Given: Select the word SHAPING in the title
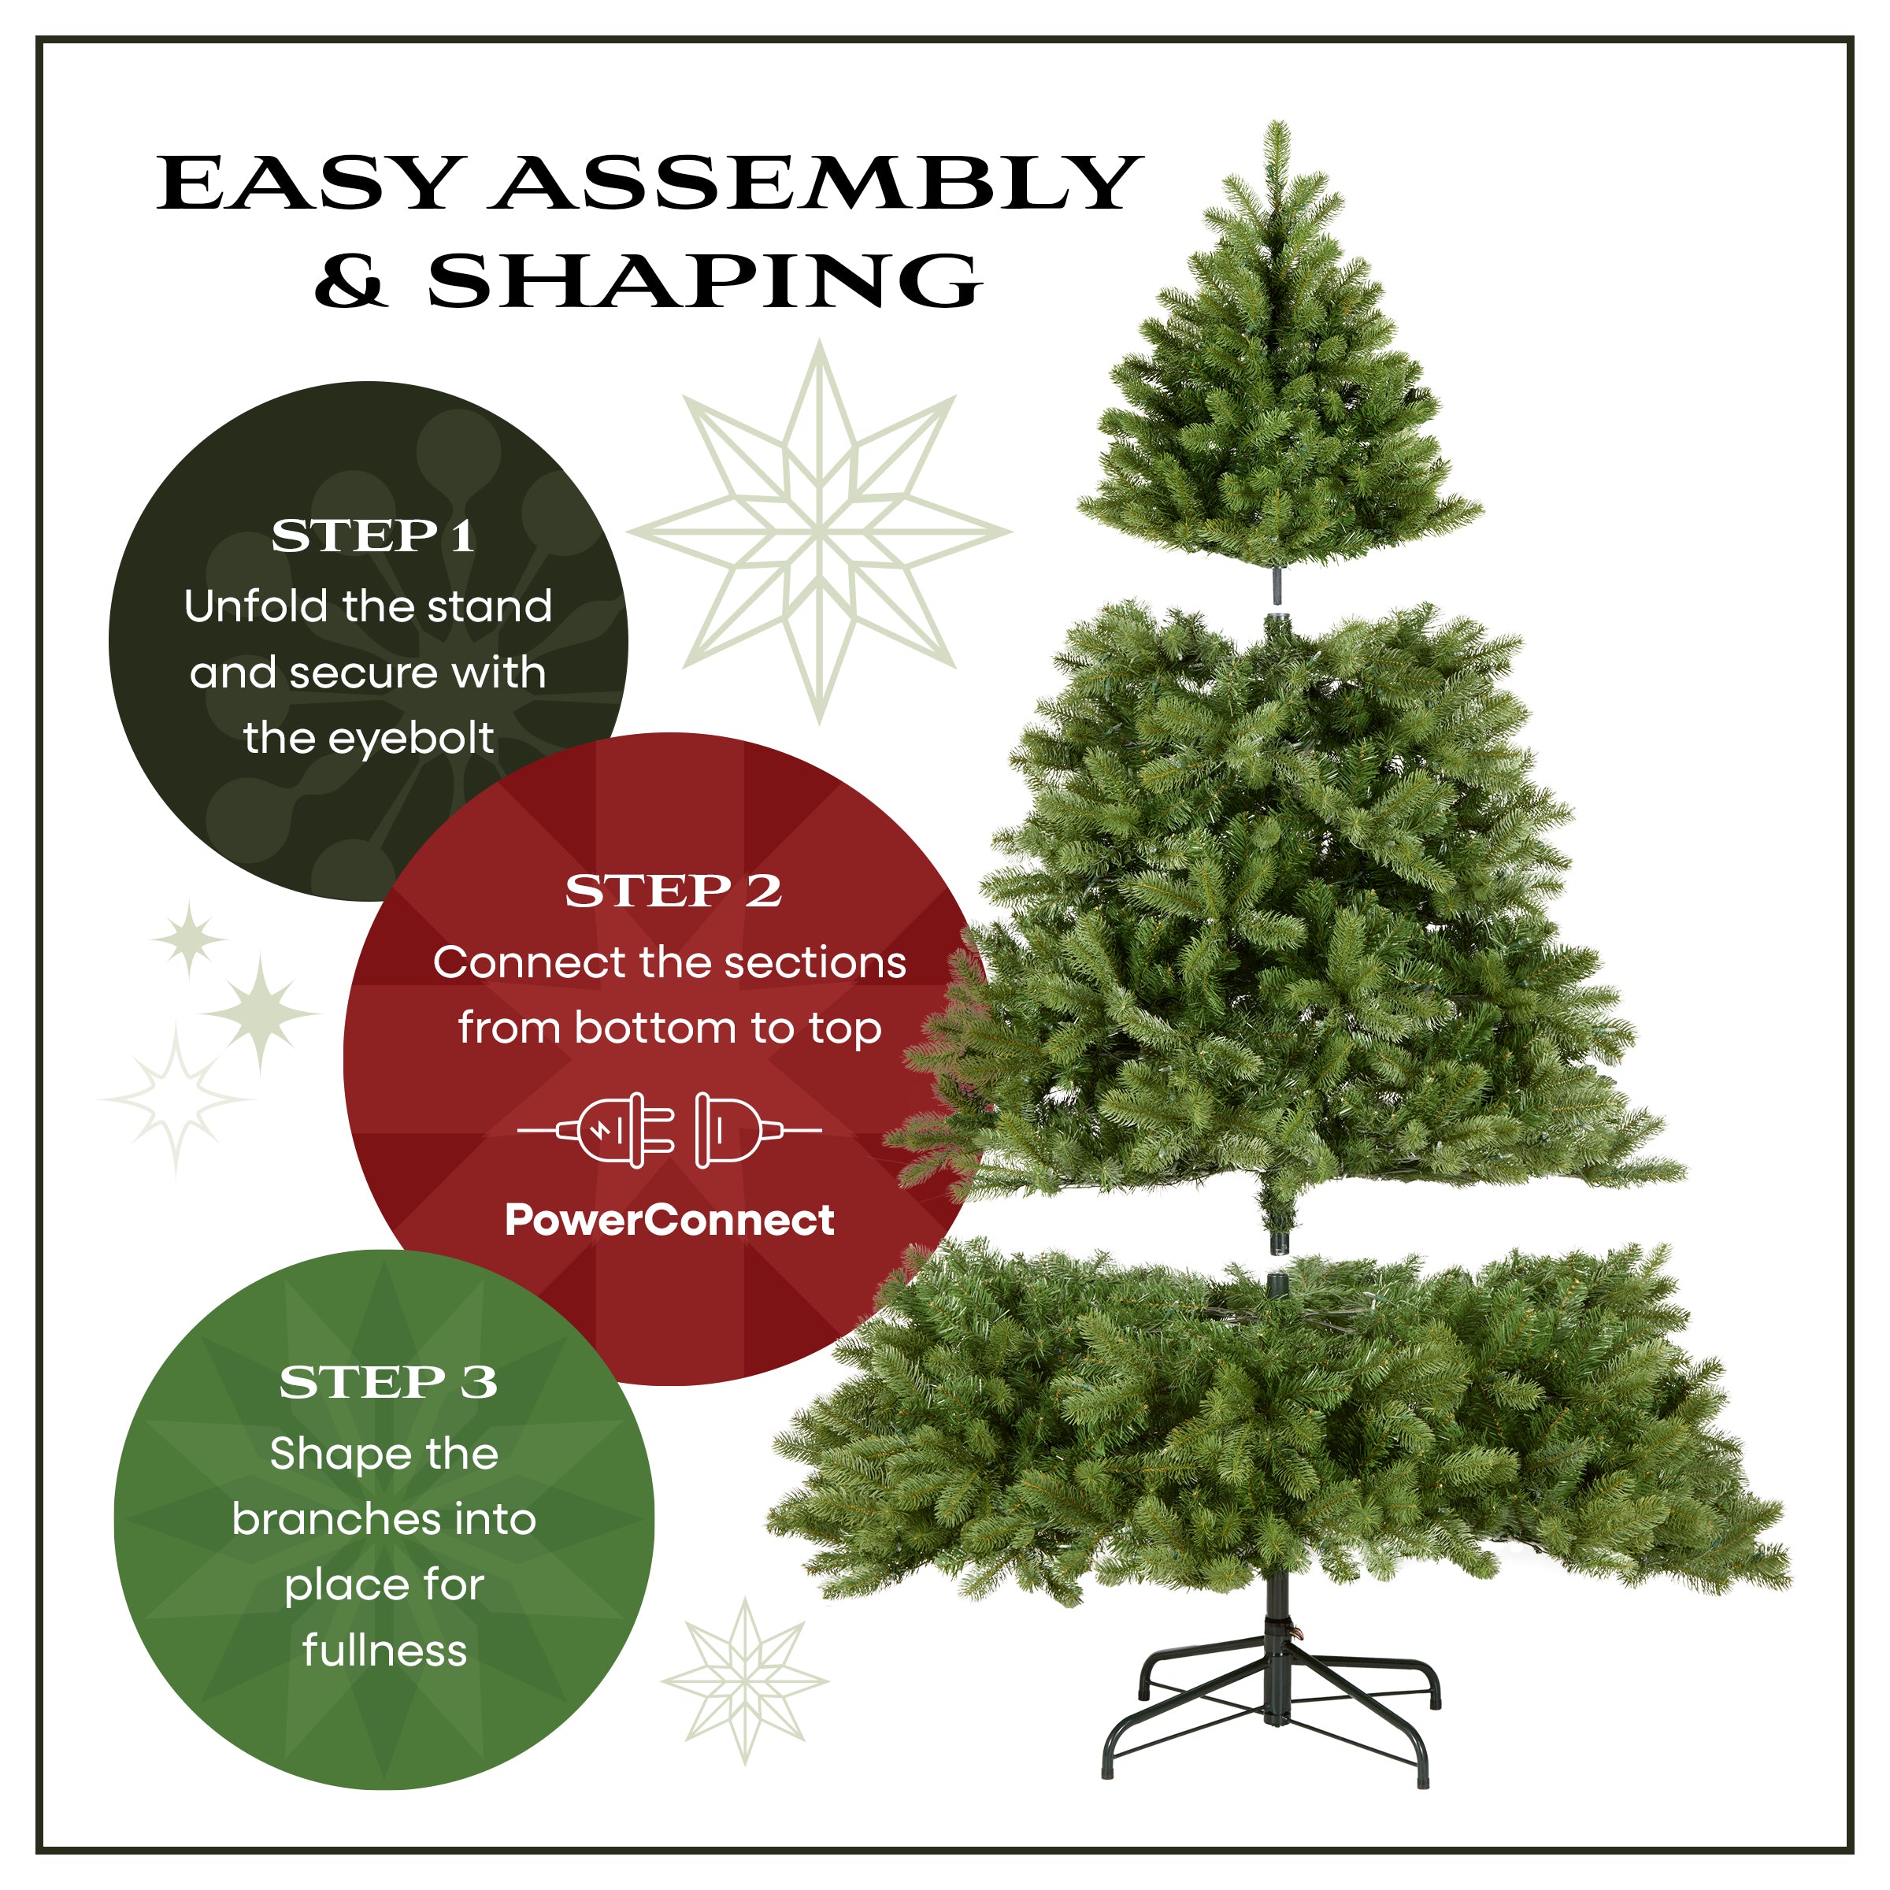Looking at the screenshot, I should [x=704, y=282].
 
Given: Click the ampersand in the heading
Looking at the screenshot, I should [x=350, y=282].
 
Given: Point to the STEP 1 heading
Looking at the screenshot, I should [x=372, y=536].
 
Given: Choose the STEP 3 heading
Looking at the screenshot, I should [x=387, y=1382].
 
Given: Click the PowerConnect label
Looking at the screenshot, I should [x=669, y=1220].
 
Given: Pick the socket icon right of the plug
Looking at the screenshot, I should [x=728, y=1131].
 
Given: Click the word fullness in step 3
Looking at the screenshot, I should [x=384, y=1651].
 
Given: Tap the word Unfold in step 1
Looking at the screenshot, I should [x=255, y=606].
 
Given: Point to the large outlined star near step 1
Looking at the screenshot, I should [x=820, y=533].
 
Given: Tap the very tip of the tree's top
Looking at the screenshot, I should [x=1277, y=125].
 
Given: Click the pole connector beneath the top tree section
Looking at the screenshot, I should [x=1277, y=585].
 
